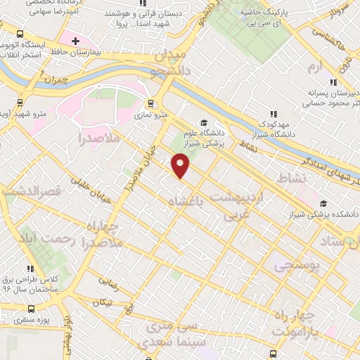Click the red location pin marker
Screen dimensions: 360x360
coord(181,166)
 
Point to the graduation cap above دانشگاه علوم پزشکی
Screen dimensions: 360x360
coord(205,120)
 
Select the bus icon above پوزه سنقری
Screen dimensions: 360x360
coord(31,309)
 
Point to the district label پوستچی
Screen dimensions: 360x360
coord(295,266)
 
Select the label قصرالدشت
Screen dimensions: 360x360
coord(32,191)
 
